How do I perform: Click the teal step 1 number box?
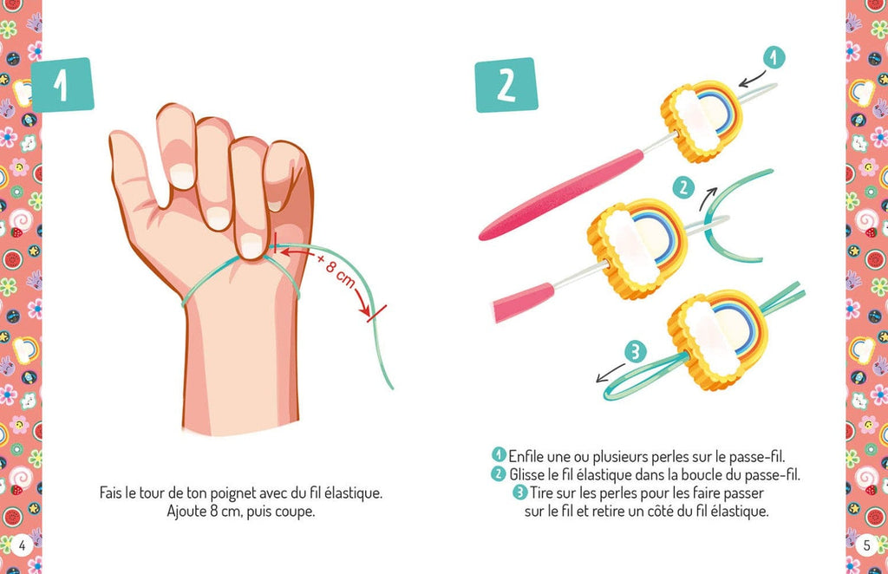click(x=61, y=85)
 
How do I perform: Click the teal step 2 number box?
click(x=506, y=85)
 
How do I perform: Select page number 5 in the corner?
click(x=865, y=545)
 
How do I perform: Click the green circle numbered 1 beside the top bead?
click(x=774, y=58)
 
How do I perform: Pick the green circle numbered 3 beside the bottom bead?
click(x=636, y=351)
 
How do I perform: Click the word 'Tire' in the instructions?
click(x=544, y=493)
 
